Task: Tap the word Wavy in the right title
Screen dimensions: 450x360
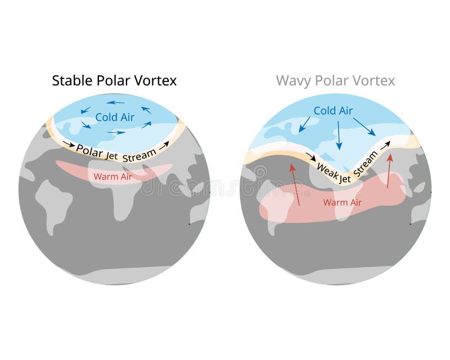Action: (293, 80)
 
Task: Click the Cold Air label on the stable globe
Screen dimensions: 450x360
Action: (114, 117)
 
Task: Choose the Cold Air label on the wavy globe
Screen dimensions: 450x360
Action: (333, 111)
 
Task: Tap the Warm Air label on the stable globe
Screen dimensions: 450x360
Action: (110, 177)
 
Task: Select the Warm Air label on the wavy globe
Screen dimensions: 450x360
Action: (342, 202)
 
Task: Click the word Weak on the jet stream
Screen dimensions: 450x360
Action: (327, 168)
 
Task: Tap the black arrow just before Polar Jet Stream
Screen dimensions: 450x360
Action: (68, 144)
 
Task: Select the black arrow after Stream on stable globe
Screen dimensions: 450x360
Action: (164, 145)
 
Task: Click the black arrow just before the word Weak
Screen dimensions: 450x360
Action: (310, 156)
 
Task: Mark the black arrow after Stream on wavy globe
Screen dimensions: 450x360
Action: (385, 145)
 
